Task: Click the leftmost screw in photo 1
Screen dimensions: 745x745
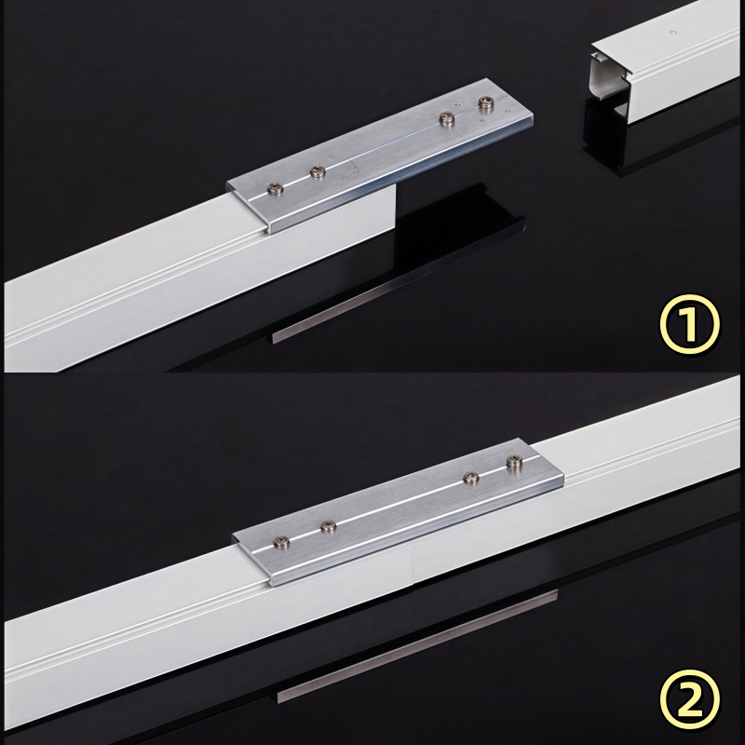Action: tap(276, 189)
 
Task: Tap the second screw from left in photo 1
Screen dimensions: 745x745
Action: tap(318, 171)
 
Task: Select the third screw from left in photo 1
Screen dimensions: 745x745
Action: tap(446, 118)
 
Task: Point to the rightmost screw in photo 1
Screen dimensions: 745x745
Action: tap(486, 102)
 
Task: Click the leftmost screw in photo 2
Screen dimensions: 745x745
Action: tap(282, 541)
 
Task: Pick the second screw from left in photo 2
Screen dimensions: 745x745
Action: tap(329, 526)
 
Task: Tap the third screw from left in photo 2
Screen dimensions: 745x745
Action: tap(471, 477)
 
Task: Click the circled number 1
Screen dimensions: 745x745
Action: tap(689, 324)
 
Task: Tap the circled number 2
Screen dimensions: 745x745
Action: tap(689, 699)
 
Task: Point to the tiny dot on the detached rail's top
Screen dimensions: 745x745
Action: tap(671, 33)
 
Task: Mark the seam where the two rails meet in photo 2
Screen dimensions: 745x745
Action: tap(414, 566)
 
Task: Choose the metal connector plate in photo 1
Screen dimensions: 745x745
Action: tap(380, 156)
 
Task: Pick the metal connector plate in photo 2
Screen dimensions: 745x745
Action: tap(399, 512)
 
